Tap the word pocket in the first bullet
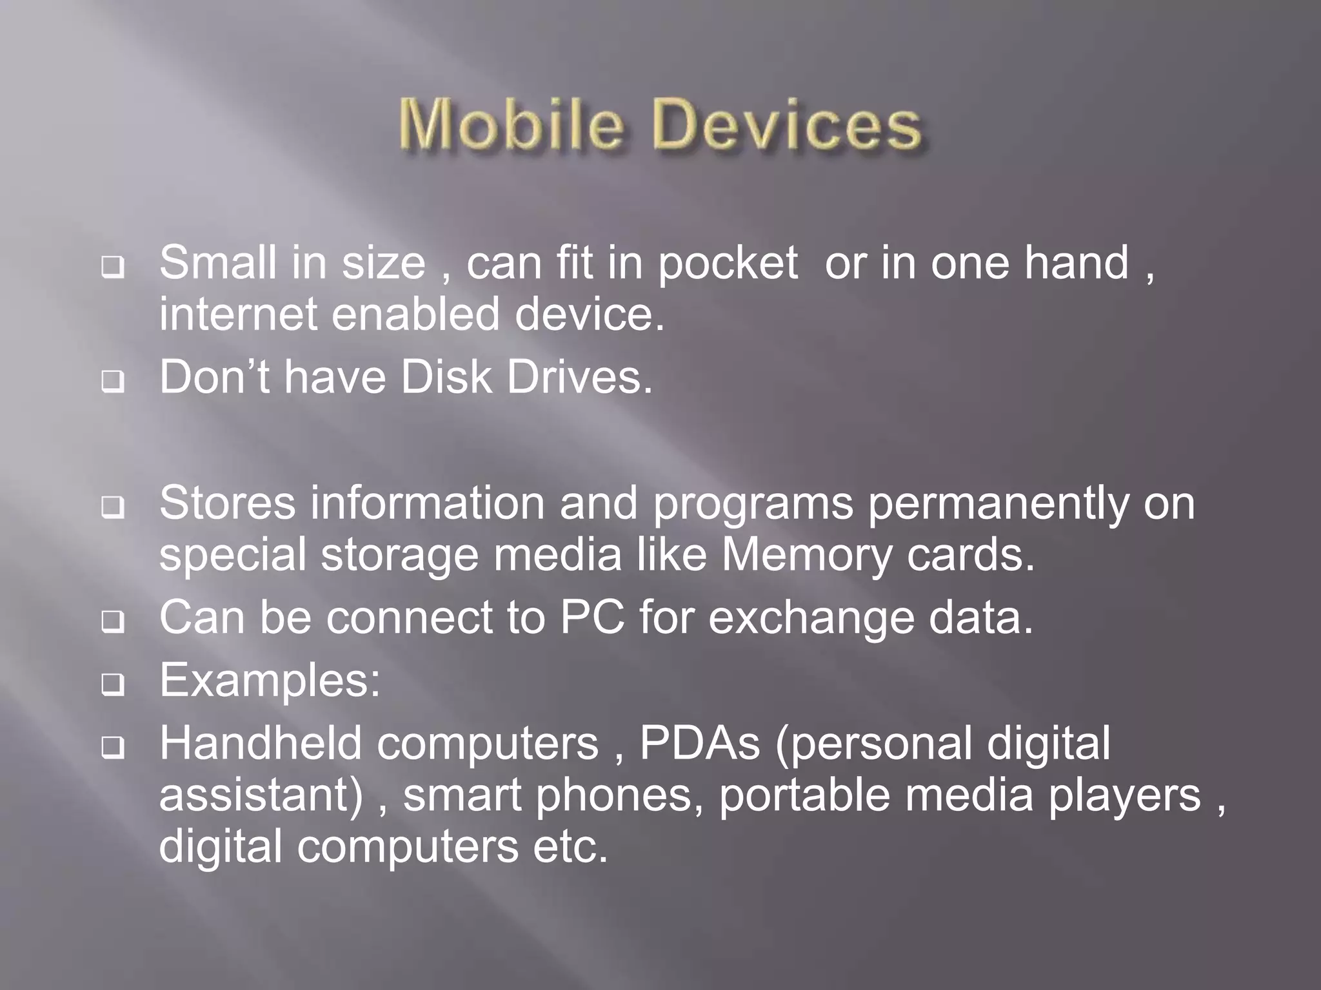(728, 264)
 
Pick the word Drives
(579, 377)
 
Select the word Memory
(806, 555)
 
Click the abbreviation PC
(591, 617)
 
